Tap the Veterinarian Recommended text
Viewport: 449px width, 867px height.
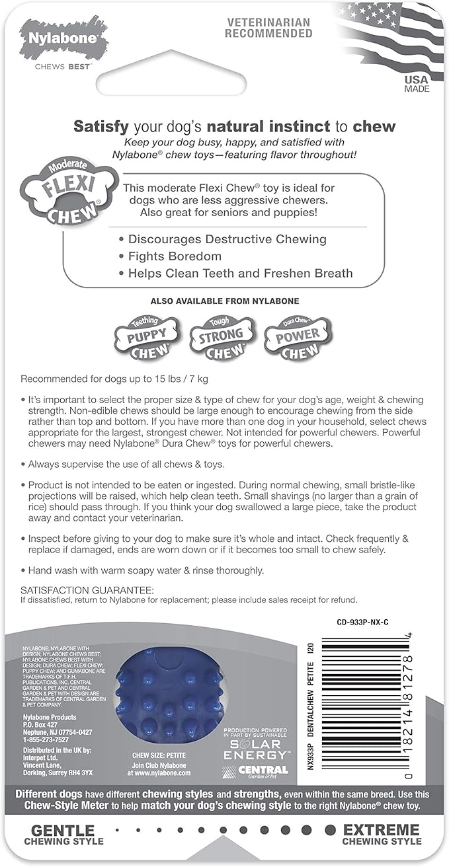click(x=268, y=28)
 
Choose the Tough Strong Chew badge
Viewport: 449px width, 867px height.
click(x=222, y=338)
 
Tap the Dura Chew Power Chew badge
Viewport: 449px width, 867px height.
click(x=297, y=338)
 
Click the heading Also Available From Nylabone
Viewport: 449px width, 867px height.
click(x=225, y=301)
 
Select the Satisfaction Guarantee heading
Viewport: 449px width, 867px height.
click(x=87, y=589)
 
